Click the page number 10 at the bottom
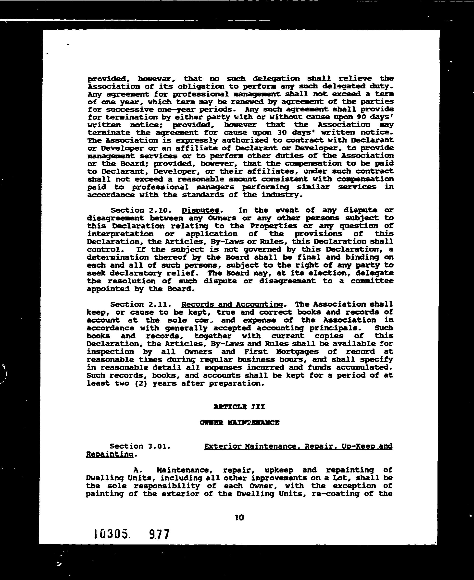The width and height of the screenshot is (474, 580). click(239, 518)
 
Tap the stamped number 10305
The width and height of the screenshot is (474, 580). click(111, 534)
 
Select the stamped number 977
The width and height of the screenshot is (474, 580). click(159, 534)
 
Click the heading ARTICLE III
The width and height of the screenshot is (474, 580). click(239, 407)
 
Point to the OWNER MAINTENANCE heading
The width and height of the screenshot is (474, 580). click(239, 423)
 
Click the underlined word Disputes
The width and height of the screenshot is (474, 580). click(200, 210)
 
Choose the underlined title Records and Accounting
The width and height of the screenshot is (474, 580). click(232, 304)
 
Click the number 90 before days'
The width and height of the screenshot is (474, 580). click(362, 117)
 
